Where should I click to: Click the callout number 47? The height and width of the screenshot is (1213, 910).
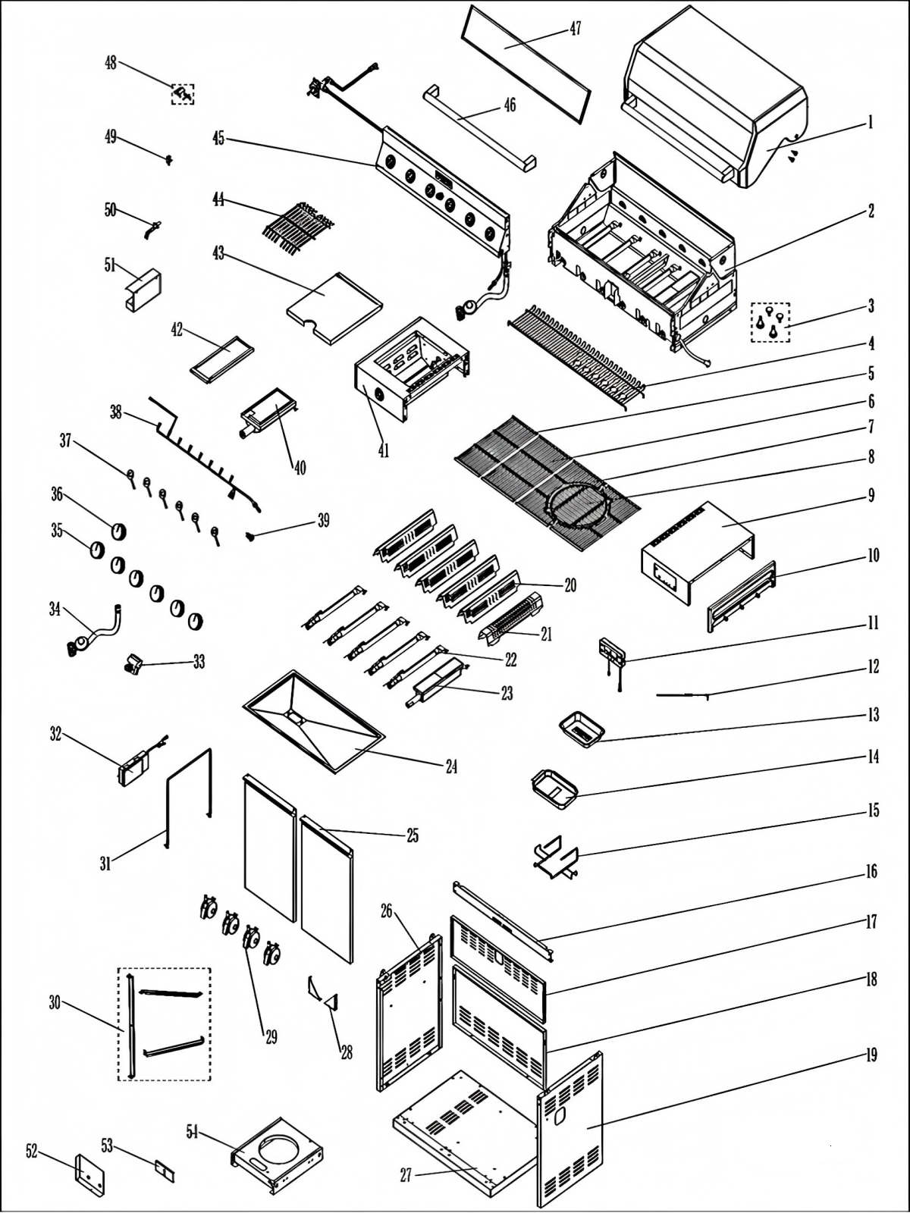576,29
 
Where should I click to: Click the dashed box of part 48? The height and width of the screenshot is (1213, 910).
182,94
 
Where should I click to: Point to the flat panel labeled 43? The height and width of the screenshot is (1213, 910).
334,307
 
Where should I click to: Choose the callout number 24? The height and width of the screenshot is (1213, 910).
450,766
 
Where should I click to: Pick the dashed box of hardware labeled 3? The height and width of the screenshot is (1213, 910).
770,322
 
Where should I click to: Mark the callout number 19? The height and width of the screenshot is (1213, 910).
871,1055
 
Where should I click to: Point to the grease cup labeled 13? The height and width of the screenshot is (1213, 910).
581,730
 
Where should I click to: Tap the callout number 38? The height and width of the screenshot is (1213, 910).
115,412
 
